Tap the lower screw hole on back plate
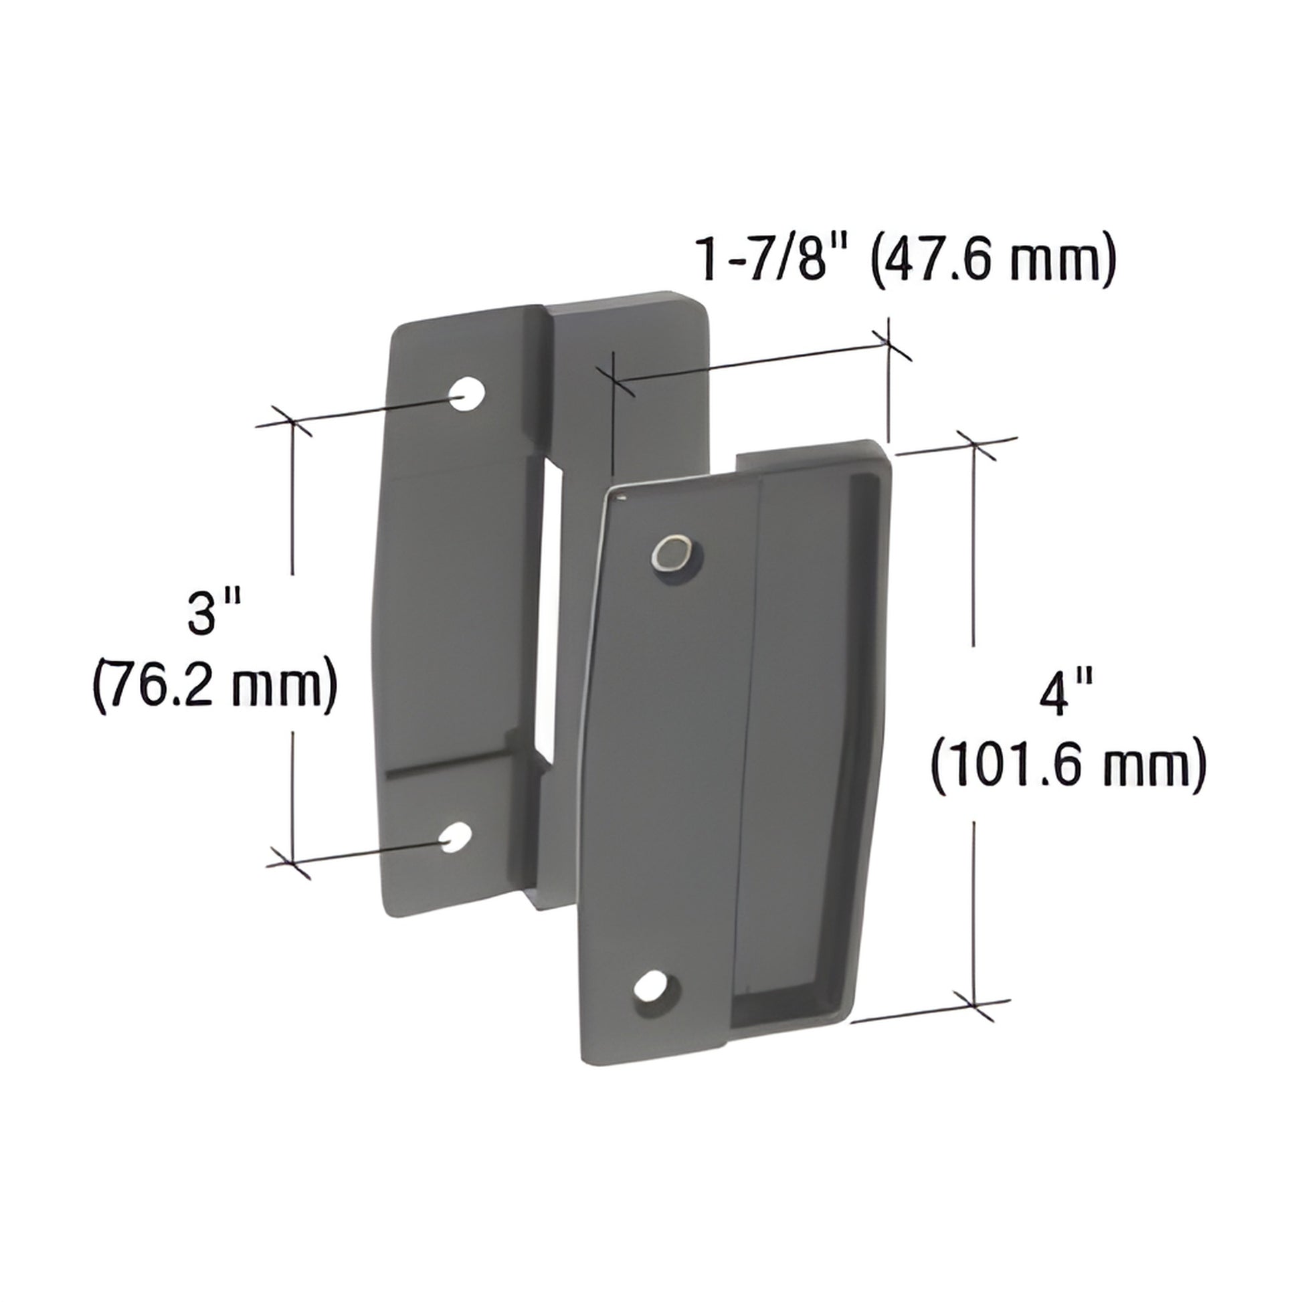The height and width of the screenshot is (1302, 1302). (x=456, y=836)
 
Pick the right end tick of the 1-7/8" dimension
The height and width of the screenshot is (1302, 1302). (x=888, y=345)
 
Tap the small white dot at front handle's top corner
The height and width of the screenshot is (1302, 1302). (x=622, y=498)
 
